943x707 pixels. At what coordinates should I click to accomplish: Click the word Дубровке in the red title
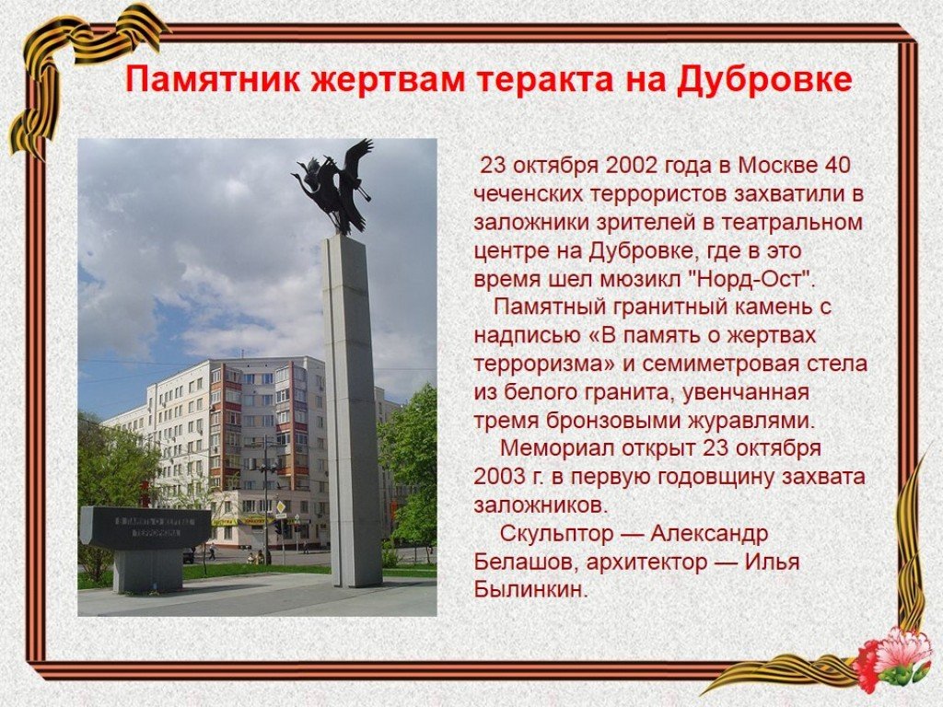click(765, 80)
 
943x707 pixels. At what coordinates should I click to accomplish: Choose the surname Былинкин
click(530, 590)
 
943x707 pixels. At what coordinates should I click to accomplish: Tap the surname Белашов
click(526, 562)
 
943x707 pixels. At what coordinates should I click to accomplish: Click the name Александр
click(710, 534)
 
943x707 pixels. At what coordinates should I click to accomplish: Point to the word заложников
click(541, 505)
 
